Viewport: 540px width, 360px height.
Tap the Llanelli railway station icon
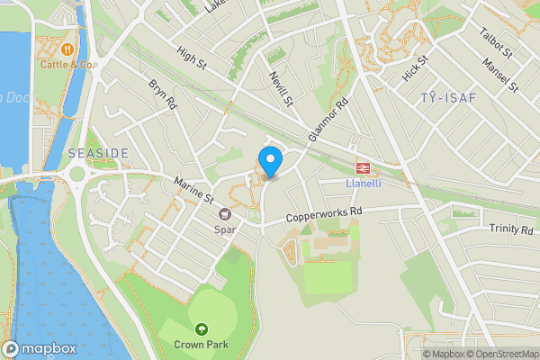click(363, 167)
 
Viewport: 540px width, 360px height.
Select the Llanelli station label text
click(363, 184)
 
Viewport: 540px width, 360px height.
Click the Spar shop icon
click(225, 214)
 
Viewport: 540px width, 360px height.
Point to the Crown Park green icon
click(202, 329)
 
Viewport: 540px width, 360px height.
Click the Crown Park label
click(202, 345)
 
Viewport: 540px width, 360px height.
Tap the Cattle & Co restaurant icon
click(68, 48)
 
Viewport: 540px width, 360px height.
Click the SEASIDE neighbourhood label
click(98, 154)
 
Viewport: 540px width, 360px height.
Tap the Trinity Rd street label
click(511, 229)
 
